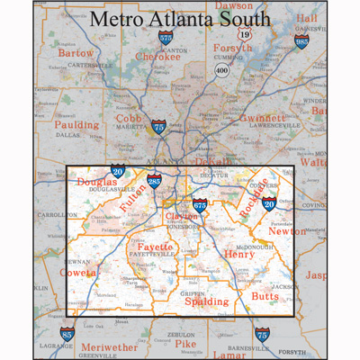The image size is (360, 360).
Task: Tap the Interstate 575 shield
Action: (166, 38)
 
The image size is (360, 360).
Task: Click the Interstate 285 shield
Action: (156, 183)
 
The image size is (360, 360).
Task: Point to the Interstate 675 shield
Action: (200, 206)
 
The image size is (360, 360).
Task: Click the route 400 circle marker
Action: (220, 69)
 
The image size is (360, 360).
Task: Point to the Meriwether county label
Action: (110, 346)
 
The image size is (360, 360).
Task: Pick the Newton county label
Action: (287, 231)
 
